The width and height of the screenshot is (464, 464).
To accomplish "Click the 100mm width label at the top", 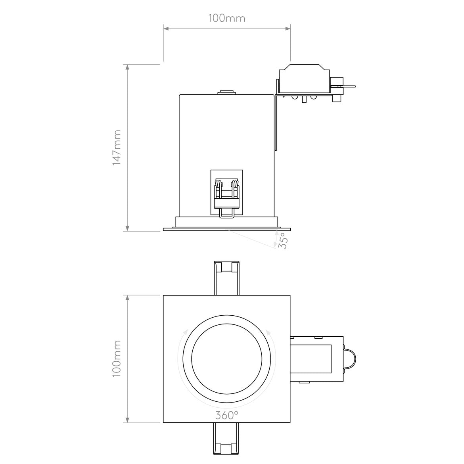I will (x=226, y=18).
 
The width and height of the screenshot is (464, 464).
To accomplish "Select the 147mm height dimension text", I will (x=117, y=148).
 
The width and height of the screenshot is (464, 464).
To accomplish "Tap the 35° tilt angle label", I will (x=281, y=241).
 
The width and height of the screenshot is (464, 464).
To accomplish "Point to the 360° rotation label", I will (x=227, y=415).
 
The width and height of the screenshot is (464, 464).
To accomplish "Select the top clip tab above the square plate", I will (x=226, y=278).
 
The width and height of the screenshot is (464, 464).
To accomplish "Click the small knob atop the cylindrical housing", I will (x=226, y=92).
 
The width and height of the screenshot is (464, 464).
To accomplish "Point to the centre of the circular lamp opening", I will (x=226, y=359).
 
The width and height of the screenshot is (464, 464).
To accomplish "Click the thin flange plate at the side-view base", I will (x=226, y=229).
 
